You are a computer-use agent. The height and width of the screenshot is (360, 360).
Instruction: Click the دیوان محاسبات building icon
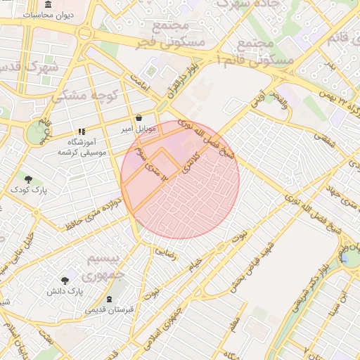tap(47, 4)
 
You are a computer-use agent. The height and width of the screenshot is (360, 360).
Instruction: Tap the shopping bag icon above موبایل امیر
tap(139, 118)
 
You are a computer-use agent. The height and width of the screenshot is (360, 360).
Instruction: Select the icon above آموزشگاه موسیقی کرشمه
tap(82, 131)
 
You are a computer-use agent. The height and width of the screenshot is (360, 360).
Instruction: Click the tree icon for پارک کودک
tap(28, 179)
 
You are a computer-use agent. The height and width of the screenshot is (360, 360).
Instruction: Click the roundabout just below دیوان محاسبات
tap(86, 32)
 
